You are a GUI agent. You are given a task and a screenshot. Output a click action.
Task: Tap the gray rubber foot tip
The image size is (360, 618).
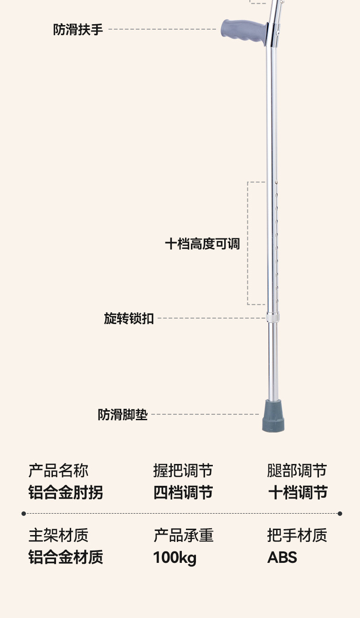(273, 417)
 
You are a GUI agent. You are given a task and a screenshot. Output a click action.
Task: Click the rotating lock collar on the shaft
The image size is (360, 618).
(273, 317)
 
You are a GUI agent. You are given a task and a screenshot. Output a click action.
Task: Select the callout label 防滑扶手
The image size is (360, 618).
(78, 30)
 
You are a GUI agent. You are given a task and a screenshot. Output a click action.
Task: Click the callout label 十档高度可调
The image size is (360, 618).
(202, 243)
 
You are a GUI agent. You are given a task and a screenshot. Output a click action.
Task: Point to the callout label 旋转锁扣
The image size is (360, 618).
(129, 319)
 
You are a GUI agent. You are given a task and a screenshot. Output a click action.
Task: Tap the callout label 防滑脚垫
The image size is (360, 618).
(123, 415)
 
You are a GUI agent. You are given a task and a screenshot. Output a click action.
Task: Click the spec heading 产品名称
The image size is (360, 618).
(58, 470)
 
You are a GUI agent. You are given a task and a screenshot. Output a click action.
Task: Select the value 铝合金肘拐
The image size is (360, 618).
(66, 493)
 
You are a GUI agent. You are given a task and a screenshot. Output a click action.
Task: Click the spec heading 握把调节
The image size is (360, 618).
(183, 470)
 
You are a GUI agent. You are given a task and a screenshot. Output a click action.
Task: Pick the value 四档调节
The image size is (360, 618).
(183, 493)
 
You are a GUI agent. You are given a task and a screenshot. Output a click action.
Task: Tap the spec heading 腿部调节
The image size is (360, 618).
(297, 470)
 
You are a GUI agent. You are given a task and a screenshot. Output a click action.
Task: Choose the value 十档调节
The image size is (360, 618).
(298, 493)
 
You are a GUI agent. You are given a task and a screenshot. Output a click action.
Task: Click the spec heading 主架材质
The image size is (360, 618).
(58, 535)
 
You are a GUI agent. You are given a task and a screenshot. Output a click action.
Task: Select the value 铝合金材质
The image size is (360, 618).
(66, 557)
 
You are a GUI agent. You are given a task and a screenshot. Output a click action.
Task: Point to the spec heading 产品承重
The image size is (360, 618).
(183, 535)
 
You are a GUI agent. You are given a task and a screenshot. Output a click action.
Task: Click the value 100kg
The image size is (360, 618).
(175, 557)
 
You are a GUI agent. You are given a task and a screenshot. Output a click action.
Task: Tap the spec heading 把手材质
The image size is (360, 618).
(297, 535)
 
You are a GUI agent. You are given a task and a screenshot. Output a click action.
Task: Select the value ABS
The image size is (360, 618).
(282, 557)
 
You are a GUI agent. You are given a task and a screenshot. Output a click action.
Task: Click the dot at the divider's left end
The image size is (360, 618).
(24, 514)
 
